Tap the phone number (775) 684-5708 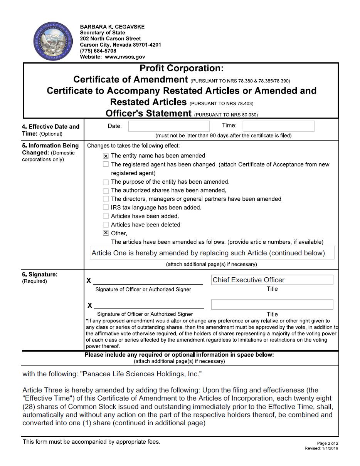(98, 51)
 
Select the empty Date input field (169, 126)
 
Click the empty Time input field (278, 126)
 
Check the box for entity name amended (106, 156)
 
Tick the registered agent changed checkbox (106, 164)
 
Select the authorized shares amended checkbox (106, 191)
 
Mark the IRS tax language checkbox (106, 208)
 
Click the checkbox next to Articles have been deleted (106, 225)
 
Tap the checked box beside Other (106, 233)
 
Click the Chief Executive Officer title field (272, 280)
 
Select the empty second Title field (272, 305)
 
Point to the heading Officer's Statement (148, 113)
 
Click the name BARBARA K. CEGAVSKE (112, 27)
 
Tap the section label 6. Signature (40, 275)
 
